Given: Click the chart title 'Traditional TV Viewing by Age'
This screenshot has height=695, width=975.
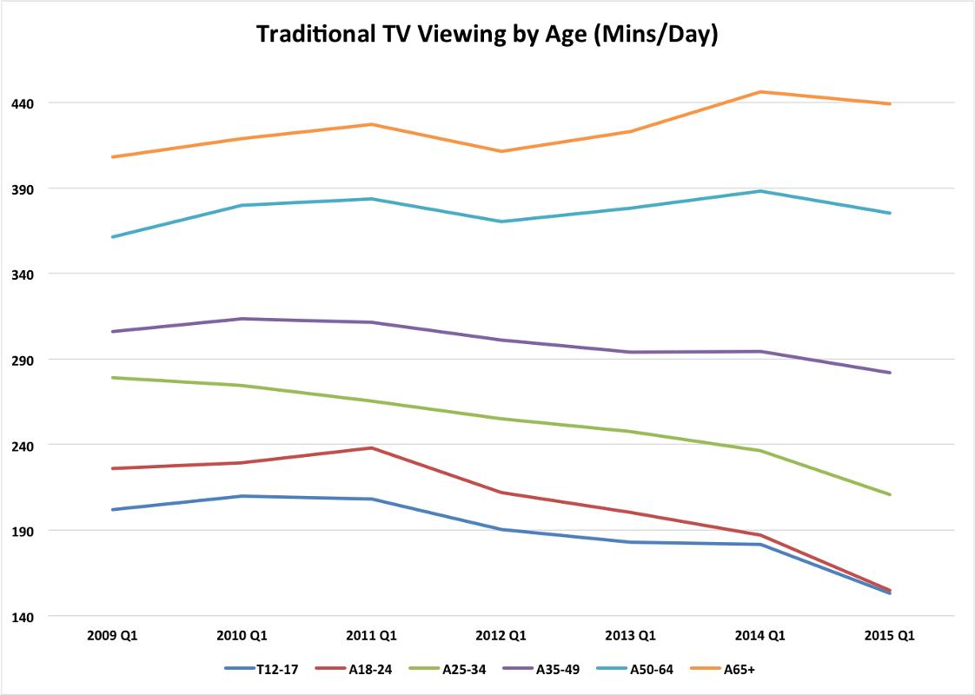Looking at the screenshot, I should click(x=487, y=35).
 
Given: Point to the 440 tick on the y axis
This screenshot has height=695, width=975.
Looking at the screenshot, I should click(x=23, y=103).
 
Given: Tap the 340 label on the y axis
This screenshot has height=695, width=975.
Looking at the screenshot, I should click(x=23, y=275).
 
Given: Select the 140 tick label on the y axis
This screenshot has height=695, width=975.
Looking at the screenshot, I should click(x=23, y=617).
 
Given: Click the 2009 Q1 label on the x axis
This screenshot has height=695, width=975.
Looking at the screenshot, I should click(x=112, y=636).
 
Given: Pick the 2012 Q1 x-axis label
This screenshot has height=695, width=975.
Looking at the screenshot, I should click(x=501, y=636).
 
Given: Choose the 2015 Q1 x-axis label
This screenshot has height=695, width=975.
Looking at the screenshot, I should click(x=890, y=636).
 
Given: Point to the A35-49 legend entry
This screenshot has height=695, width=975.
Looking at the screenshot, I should click(x=556, y=669).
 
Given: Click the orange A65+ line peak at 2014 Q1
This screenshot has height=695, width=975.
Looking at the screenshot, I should click(x=760, y=92).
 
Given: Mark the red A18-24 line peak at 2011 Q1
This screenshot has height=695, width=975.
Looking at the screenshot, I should click(x=372, y=448).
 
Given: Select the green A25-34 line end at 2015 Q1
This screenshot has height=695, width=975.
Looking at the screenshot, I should click(x=890, y=494).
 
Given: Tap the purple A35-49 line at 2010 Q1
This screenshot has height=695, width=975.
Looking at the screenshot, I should click(x=242, y=319).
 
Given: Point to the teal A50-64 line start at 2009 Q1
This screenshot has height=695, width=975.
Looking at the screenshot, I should click(x=112, y=237).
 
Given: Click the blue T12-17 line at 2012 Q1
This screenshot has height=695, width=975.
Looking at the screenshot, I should click(x=501, y=529).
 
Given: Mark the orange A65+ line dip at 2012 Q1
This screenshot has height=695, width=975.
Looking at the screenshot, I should click(x=501, y=151).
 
